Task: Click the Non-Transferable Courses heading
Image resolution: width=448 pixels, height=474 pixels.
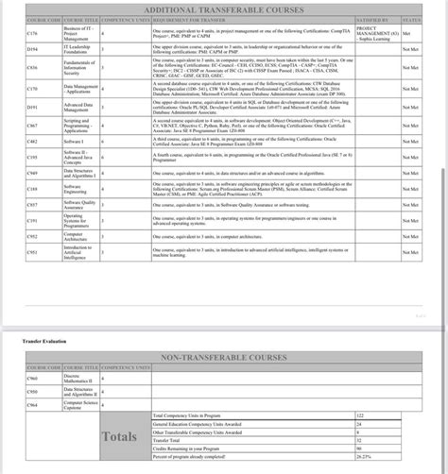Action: pos(223,357)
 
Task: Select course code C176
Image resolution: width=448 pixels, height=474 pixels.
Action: pos(33,33)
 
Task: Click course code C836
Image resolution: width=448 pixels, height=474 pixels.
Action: pos(33,68)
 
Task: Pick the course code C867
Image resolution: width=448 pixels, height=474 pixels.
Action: pos(33,126)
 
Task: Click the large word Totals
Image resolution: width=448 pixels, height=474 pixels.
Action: pos(120,436)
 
